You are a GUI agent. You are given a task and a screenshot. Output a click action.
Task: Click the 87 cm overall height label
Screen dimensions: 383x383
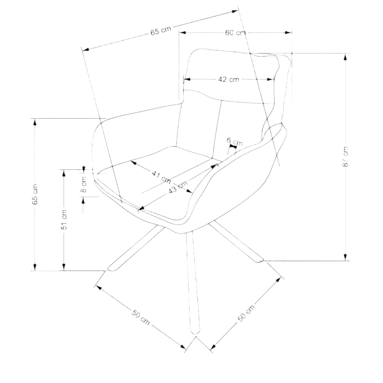click(x=345, y=157)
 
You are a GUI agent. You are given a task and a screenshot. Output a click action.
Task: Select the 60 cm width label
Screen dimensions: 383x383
click(x=235, y=33)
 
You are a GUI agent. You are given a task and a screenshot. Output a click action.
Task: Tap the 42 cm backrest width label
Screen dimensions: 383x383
click(x=229, y=79)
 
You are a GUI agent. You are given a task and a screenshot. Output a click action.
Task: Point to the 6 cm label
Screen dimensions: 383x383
click(x=235, y=141)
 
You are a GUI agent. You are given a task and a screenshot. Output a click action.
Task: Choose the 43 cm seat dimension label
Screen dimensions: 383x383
click(x=178, y=187)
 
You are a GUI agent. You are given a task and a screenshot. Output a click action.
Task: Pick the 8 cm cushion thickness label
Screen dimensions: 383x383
click(x=84, y=184)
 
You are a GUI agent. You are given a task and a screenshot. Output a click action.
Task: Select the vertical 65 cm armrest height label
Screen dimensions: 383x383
click(x=35, y=194)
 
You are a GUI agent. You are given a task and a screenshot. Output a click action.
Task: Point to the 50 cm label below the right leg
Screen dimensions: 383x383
click(x=246, y=313)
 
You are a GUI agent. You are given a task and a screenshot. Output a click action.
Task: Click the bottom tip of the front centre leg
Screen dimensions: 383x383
click(x=195, y=334)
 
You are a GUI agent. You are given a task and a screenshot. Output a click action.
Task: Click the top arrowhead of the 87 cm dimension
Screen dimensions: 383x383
click(x=345, y=57)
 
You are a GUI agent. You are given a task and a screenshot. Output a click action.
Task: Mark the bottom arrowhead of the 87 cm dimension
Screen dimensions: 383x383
click(x=345, y=257)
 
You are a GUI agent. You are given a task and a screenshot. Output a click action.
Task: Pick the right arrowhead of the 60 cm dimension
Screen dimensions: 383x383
click(x=288, y=33)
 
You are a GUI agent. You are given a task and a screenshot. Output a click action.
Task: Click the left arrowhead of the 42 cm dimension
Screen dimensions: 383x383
click(x=187, y=79)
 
